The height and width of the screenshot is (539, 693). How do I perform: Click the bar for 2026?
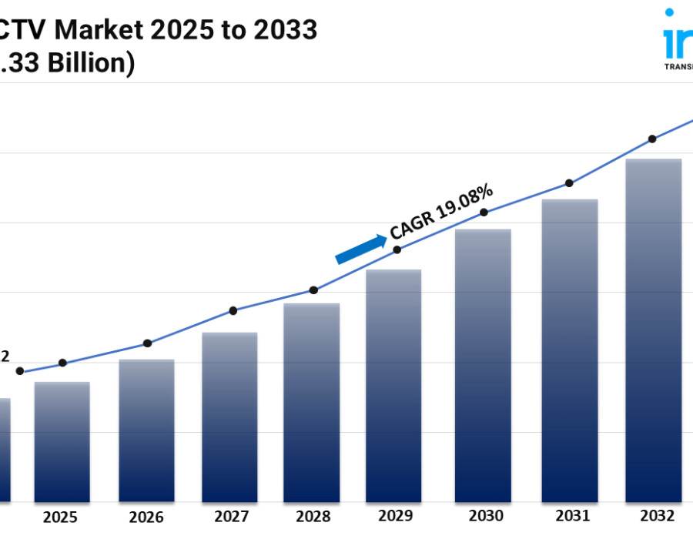point(146,430)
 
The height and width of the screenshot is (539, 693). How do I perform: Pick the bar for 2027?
point(229,417)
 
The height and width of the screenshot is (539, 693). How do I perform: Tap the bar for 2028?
point(312,402)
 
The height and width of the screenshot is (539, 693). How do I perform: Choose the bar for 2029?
point(393,385)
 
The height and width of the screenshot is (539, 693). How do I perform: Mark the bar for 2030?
point(483,365)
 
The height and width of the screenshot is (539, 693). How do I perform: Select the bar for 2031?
point(570,350)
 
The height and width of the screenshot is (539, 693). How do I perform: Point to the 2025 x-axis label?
point(61,515)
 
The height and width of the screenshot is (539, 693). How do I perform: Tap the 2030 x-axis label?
point(486,515)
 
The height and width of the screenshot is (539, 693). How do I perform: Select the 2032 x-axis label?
point(657,515)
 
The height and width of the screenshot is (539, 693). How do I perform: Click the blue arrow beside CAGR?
point(361,249)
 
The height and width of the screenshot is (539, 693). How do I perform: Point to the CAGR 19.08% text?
point(442,211)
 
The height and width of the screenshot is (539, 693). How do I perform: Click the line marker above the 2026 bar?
point(147,343)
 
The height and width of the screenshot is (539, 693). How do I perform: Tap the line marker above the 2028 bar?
point(313,290)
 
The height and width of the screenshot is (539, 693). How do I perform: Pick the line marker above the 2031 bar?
point(569,183)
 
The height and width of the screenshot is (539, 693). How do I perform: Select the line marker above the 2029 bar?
point(397,249)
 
